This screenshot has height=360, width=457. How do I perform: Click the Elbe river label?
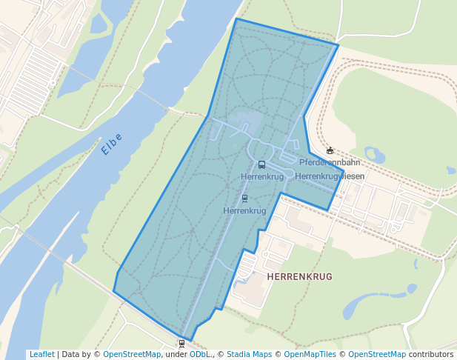pos(112,144)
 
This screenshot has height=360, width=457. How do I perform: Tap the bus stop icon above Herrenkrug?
pos(261,164)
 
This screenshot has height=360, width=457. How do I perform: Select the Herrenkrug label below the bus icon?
pos(262,177)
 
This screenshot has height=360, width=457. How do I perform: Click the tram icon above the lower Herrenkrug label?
pos(244,199)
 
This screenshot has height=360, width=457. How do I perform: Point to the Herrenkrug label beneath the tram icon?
pos(244,211)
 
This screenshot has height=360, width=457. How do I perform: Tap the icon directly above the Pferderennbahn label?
pos(330,151)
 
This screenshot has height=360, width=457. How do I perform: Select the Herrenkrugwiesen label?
pos(329,176)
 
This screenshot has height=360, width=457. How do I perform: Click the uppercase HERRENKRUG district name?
pos(298,276)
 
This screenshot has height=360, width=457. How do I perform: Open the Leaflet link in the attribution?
pos(41,355)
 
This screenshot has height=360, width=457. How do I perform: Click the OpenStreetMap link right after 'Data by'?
pos(132,355)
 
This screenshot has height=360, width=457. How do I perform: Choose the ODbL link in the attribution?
pos(200,355)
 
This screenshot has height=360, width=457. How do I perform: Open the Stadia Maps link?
pos(249,355)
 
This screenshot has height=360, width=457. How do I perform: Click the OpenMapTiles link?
pos(310,355)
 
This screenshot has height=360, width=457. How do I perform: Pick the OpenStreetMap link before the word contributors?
pos(377,355)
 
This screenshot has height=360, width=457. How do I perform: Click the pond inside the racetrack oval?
pos(375,155)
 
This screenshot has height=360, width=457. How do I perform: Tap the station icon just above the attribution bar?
pos(181,343)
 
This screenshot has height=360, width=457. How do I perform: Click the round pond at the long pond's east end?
pos(413,288)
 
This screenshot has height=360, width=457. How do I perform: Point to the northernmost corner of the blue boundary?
pos(236,19)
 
